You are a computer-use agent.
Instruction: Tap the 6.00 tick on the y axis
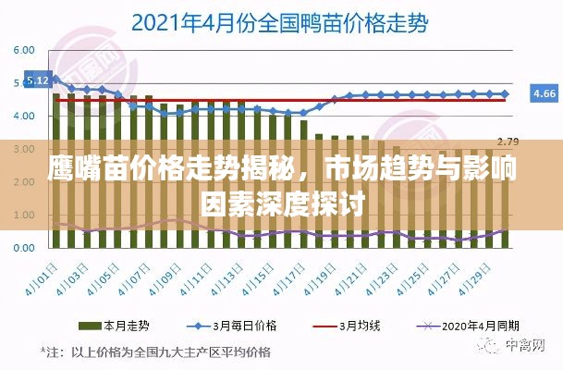24,50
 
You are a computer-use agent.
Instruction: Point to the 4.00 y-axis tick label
24,116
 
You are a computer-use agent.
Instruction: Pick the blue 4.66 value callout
544,93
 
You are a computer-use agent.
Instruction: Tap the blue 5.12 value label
39,80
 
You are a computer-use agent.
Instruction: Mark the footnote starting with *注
155,352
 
